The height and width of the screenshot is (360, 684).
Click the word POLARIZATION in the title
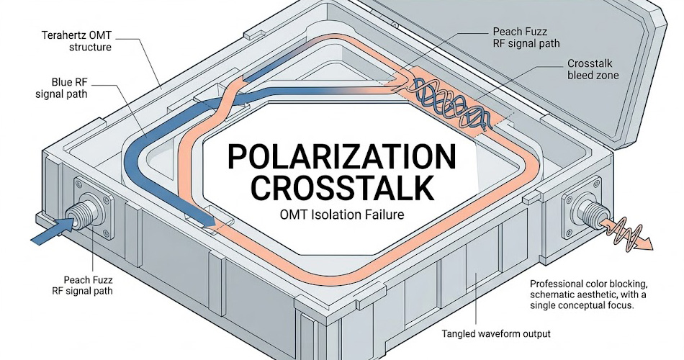[341, 157]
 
